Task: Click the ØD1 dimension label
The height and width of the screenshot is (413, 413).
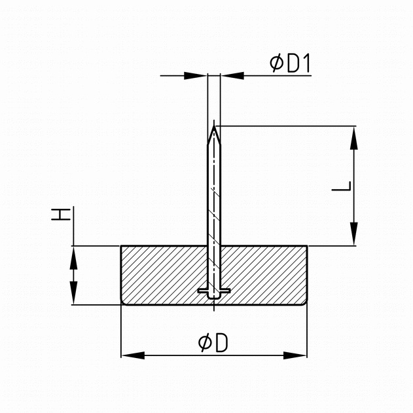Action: coord(290,63)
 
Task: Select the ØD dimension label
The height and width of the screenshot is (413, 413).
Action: coord(213,343)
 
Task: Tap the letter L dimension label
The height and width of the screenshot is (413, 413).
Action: coord(342,186)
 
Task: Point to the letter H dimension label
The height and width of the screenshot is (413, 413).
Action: coord(61,215)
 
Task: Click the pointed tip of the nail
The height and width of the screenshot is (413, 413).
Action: coord(214,126)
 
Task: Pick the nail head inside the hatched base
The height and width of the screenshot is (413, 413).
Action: coord(214,292)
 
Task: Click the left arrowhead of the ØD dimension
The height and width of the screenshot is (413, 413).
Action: coord(134,355)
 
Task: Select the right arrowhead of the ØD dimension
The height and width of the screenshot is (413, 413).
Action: coord(295,355)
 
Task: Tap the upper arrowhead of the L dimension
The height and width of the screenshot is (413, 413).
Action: coord(354,138)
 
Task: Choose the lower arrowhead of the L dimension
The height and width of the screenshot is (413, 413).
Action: coord(354,234)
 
